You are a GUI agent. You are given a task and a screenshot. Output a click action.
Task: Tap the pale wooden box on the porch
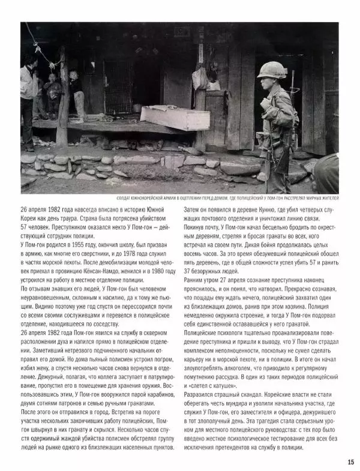(175, 117)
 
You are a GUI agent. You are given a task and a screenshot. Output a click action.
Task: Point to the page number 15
(350, 461)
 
